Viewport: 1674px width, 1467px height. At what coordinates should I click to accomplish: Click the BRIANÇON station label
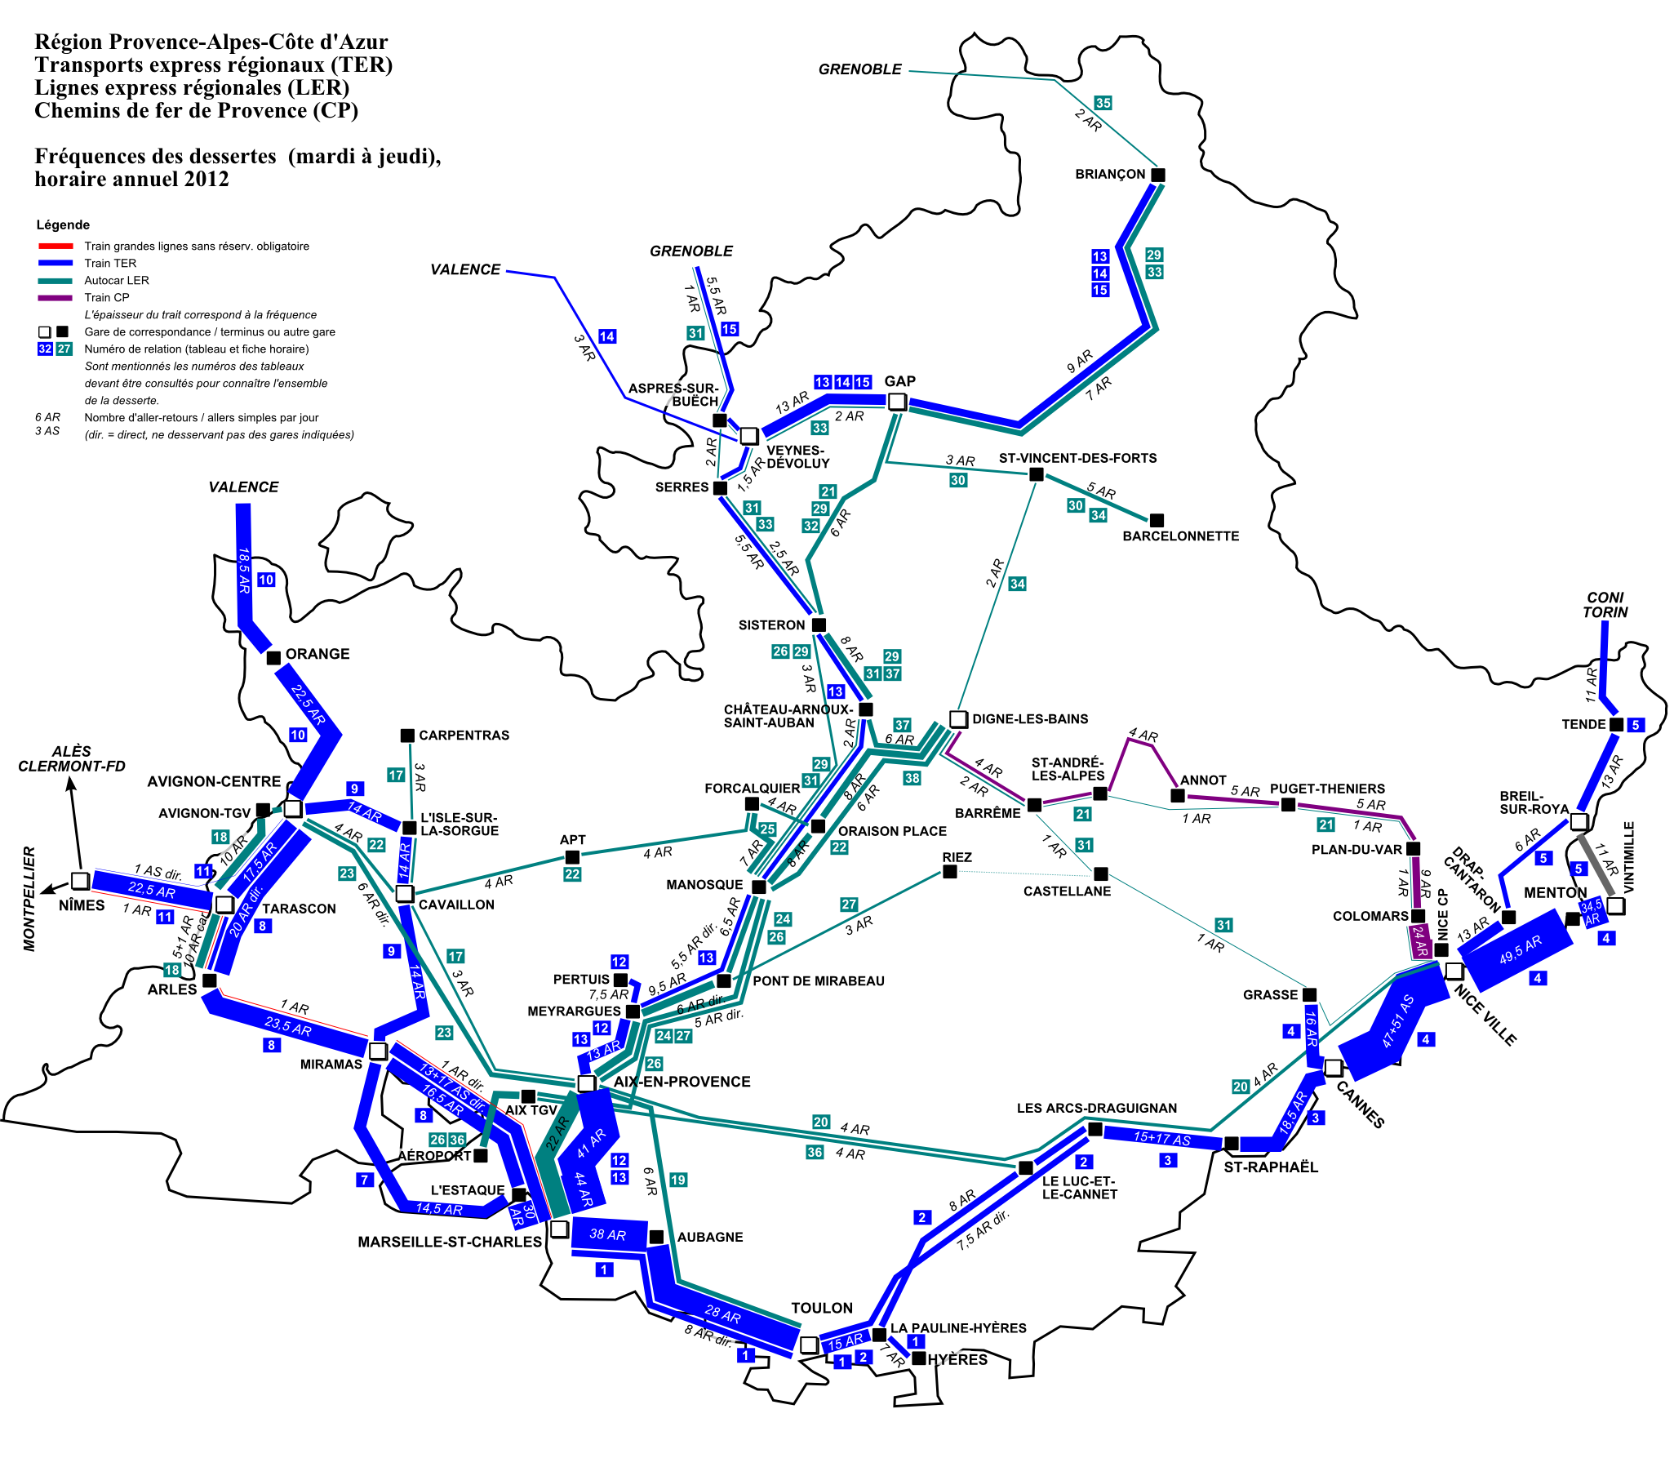point(1109,175)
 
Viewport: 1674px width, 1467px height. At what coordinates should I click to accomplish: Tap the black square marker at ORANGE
point(274,657)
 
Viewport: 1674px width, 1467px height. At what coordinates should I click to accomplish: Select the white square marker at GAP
point(897,401)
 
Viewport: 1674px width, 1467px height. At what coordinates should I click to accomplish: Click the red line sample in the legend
point(56,247)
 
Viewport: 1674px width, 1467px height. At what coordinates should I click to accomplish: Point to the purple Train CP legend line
point(56,298)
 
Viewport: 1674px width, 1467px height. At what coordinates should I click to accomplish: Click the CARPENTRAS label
point(464,736)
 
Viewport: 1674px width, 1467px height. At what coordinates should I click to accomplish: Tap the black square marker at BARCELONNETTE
point(1156,520)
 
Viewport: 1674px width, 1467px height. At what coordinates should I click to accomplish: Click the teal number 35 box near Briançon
point(1103,103)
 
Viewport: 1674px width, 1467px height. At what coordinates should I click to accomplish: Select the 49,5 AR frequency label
point(1520,949)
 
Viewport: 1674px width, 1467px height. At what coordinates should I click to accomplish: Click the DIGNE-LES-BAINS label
point(1030,718)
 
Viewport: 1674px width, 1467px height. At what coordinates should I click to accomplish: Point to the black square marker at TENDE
point(1616,724)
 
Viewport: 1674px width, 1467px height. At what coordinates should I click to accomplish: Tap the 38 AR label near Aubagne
point(607,1234)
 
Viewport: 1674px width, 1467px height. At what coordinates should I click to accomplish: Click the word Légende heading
point(63,225)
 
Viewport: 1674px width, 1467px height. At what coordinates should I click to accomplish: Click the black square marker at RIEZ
point(949,872)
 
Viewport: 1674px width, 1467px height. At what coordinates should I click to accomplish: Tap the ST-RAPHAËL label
point(1271,1167)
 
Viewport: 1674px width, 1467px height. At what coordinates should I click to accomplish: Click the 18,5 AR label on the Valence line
point(244,571)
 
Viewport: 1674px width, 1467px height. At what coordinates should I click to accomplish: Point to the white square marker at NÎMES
point(80,881)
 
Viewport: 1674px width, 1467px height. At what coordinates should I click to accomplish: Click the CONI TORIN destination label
point(1605,605)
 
